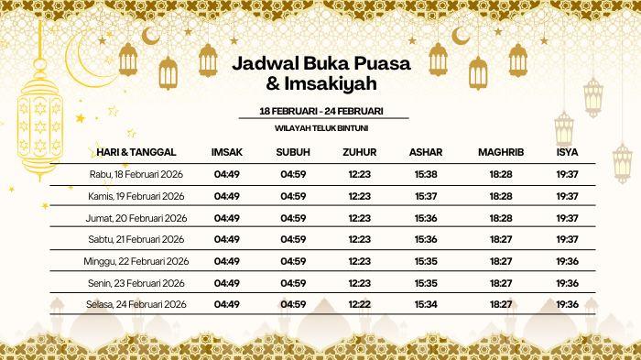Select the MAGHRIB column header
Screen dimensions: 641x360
tap(501, 151)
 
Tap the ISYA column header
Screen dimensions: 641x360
tap(567, 151)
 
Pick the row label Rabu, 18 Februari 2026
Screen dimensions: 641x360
tap(138, 174)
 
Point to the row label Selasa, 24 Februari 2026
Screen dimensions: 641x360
tap(138, 304)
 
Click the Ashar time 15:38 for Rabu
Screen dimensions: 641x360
tap(425, 174)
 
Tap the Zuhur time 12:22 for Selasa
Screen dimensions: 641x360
tap(360, 304)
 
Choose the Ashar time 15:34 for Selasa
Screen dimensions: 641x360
tap(425, 304)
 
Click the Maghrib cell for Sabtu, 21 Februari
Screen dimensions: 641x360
tap(501, 239)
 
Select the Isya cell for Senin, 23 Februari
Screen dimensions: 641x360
tap(567, 282)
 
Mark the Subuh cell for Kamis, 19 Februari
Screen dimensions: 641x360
tap(293, 196)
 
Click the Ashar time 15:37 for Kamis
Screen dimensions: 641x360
tap(425, 196)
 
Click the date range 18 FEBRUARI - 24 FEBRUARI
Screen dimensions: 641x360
tap(320, 111)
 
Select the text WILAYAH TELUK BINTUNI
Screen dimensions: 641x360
tap(320, 128)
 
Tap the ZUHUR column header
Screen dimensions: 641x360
tap(360, 151)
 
